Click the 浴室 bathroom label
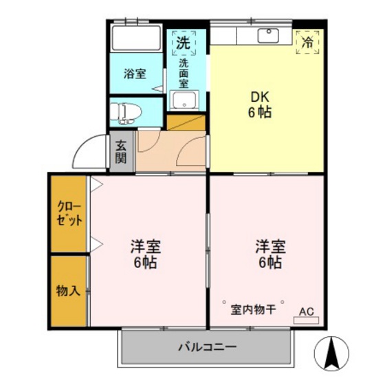[x=135, y=74]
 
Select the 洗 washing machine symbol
[x=183, y=43]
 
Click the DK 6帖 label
[x=260, y=104]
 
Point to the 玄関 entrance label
[x=120, y=152]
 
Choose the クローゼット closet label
[x=69, y=214]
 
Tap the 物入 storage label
[x=68, y=290]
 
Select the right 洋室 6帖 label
[x=269, y=254]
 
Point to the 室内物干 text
[x=252, y=309]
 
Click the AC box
[x=307, y=311]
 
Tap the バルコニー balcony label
[x=209, y=346]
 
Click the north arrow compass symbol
[x=331, y=353]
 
